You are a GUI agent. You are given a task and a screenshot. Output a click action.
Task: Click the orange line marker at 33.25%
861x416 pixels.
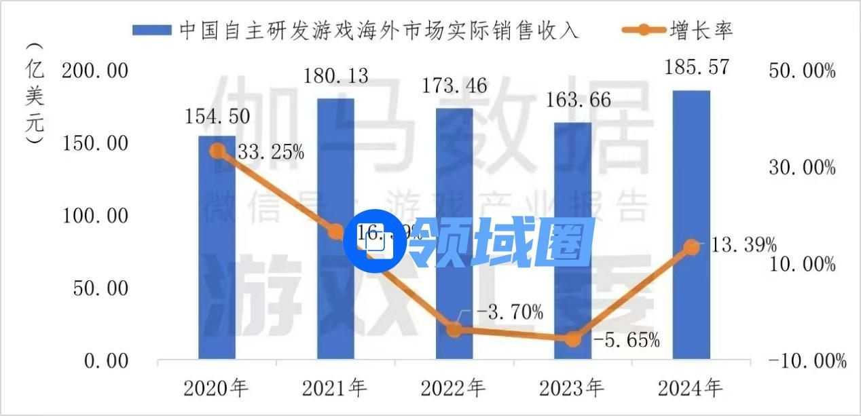(217, 151)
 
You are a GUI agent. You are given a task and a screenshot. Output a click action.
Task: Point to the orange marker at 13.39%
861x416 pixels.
(691, 247)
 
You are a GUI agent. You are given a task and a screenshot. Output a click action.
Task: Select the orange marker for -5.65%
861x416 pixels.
(573, 339)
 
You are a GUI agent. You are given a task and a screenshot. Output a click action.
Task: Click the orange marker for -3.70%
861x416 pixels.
(454, 330)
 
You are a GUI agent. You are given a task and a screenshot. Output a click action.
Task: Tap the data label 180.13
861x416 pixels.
(335, 76)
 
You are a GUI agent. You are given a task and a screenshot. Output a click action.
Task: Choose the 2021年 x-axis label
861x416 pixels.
(335, 388)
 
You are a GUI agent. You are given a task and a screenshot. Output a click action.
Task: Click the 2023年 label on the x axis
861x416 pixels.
(572, 388)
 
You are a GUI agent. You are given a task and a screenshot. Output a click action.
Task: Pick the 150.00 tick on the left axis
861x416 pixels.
(95, 143)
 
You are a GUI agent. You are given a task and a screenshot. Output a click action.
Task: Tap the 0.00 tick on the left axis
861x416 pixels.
(106, 360)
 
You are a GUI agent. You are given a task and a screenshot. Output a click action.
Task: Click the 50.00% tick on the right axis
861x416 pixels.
(802, 71)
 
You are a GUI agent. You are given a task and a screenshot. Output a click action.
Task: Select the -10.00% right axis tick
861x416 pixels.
(807, 360)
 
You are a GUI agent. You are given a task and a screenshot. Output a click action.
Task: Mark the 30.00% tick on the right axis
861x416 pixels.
(802, 167)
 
